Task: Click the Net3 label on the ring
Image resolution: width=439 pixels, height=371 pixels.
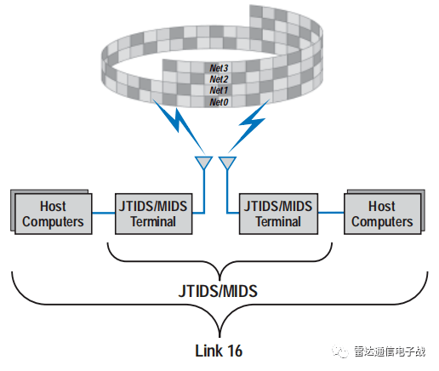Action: click(219, 66)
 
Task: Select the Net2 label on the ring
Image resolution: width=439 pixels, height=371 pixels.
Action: click(219, 77)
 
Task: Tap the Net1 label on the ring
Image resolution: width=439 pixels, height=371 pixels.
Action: click(219, 89)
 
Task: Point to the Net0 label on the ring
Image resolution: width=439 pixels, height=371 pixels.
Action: click(219, 101)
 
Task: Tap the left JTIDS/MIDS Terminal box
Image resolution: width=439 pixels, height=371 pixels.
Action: click(153, 213)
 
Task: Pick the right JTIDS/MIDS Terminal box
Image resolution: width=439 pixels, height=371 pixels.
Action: click(278, 213)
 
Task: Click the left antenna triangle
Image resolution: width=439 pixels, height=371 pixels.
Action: click(204, 163)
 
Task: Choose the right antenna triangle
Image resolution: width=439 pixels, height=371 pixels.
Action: click(228, 163)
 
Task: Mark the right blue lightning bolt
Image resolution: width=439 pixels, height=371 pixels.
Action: click(254, 120)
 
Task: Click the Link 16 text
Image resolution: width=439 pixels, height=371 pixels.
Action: click(219, 349)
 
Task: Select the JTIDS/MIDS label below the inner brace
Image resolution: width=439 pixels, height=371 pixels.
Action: click(219, 291)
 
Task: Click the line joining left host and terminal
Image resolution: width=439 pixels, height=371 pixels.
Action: click(101, 214)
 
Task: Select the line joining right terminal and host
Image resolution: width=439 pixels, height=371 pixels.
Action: click(330, 214)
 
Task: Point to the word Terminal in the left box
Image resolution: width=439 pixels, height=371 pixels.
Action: click(153, 221)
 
